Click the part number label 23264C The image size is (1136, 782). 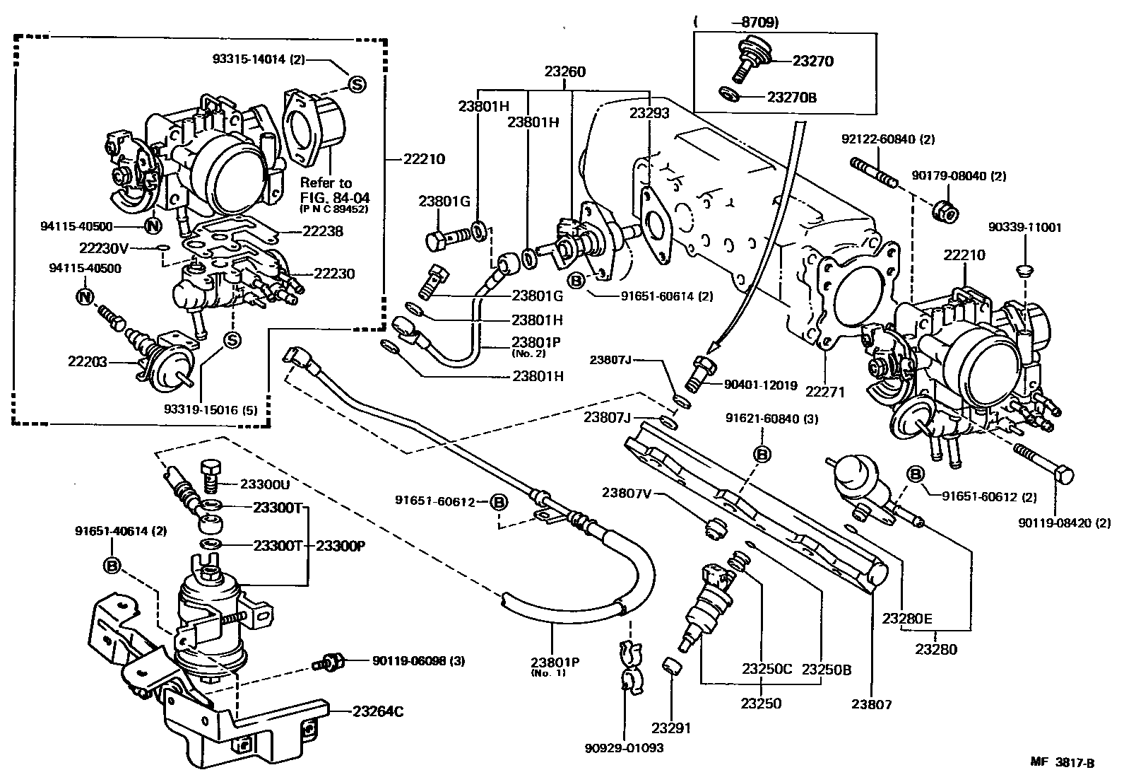(377, 711)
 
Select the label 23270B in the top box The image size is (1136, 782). (791, 97)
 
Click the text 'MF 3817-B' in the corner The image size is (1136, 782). (1062, 763)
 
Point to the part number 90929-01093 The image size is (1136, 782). (625, 747)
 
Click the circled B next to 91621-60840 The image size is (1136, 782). (762, 455)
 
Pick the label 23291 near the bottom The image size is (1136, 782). (671, 728)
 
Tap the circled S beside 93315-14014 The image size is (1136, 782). (357, 85)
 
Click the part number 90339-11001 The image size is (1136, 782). (1024, 228)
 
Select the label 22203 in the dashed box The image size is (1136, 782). (88, 361)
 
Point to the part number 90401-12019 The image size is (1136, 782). (761, 385)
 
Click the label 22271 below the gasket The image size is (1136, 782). (826, 391)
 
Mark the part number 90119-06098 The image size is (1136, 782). (408, 660)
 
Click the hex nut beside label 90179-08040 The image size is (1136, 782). (944, 210)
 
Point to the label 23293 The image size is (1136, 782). (650, 111)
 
